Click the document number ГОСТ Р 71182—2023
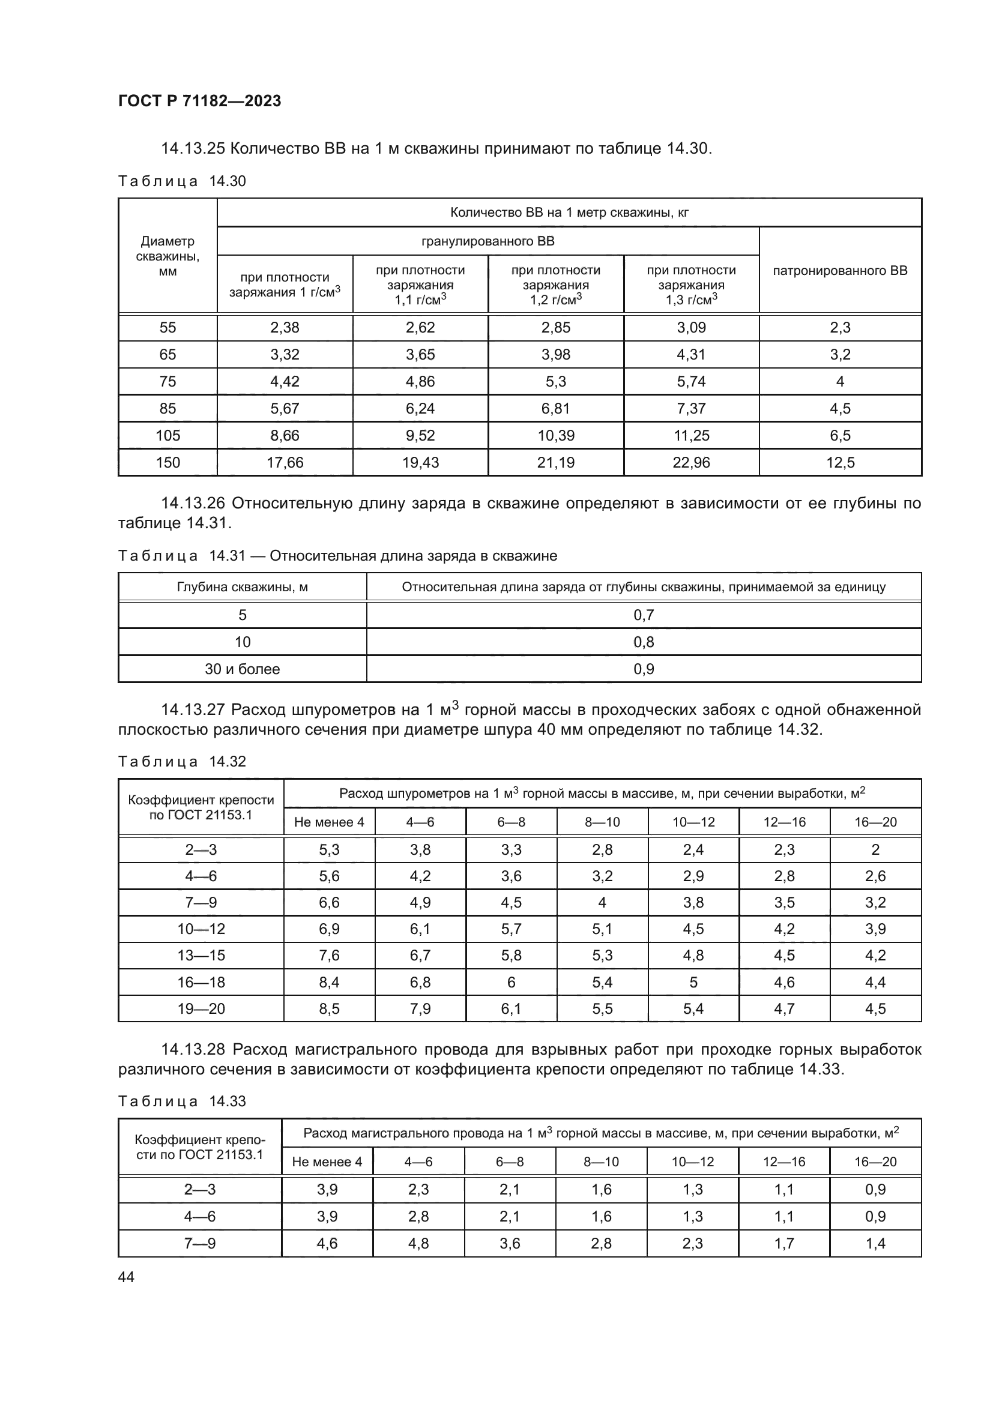pyautogui.click(x=199, y=101)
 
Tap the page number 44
pyautogui.click(x=126, y=1276)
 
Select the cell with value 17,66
pyautogui.click(x=285, y=462)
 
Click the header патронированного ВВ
pyautogui.click(x=839, y=270)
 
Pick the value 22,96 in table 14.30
pyautogui.click(x=691, y=462)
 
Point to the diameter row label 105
pyautogui.click(x=168, y=435)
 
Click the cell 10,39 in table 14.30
pyautogui.click(x=555, y=435)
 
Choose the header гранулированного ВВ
pyautogui.click(x=488, y=241)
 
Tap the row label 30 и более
pyautogui.click(x=242, y=669)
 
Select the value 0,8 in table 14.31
pyautogui.click(x=643, y=642)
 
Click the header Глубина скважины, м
pyautogui.click(x=242, y=587)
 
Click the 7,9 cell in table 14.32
pyautogui.click(x=420, y=1008)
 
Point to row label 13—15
pyautogui.click(x=201, y=955)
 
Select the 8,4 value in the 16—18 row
pyautogui.click(x=329, y=982)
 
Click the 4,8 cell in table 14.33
pyautogui.click(x=418, y=1243)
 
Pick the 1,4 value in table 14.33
pyautogui.click(x=875, y=1243)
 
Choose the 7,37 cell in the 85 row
pyautogui.click(x=691, y=409)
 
